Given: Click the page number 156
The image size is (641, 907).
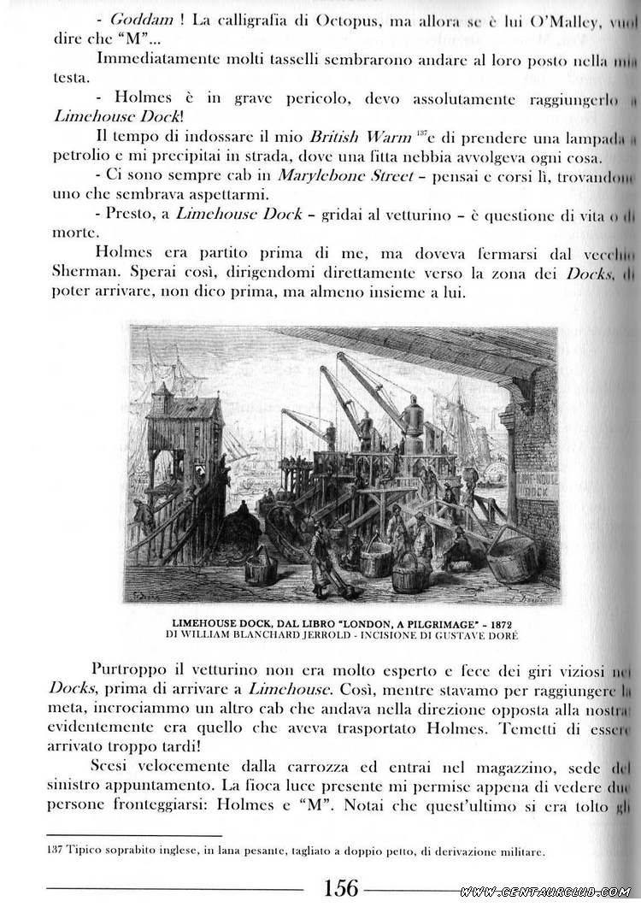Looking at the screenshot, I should pyautogui.click(x=341, y=887).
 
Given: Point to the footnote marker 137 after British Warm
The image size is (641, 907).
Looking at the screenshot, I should pyautogui.click(x=422, y=133).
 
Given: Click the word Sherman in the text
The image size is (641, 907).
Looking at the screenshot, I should pyautogui.click(x=85, y=273).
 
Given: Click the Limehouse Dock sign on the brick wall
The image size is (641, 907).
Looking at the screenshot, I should pyautogui.click(x=538, y=485).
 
